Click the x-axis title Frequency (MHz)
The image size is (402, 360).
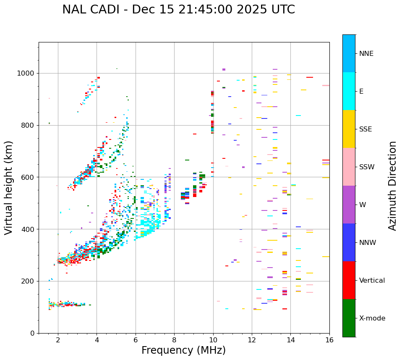pyautogui.click(x=183, y=350)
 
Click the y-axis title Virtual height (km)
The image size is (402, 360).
pyautogui.click(x=9, y=188)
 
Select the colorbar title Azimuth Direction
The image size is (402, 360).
pyautogui.click(x=392, y=186)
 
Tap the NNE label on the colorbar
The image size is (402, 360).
pyautogui.click(x=366, y=54)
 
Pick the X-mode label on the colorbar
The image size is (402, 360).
pyautogui.click(x=372, y=318)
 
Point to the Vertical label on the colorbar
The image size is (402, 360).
pyautogui.click(x=372, y=281)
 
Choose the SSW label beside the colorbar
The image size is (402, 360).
pyautogui.click(x=367, y=167)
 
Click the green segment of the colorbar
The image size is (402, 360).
pyautogui.click(x=349, y=318)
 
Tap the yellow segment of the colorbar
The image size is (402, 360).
pyautogui.click(x=349, y=129)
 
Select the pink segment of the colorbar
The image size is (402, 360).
pyautogui.click(x=349, y=167)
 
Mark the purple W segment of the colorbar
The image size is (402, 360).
pyautogui.click(x=349, y=205)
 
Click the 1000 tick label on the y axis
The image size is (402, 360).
pyautogui.click(x=26, y=74)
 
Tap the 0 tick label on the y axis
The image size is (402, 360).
pyautogui.click(x=32, y=333)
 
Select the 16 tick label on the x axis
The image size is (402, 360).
pyautogui.click(x=329, y=340)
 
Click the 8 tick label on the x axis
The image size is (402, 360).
pyautogui.click(x=174, y=340)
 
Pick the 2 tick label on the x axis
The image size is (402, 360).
pyautogui.click(x=58, y=340)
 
